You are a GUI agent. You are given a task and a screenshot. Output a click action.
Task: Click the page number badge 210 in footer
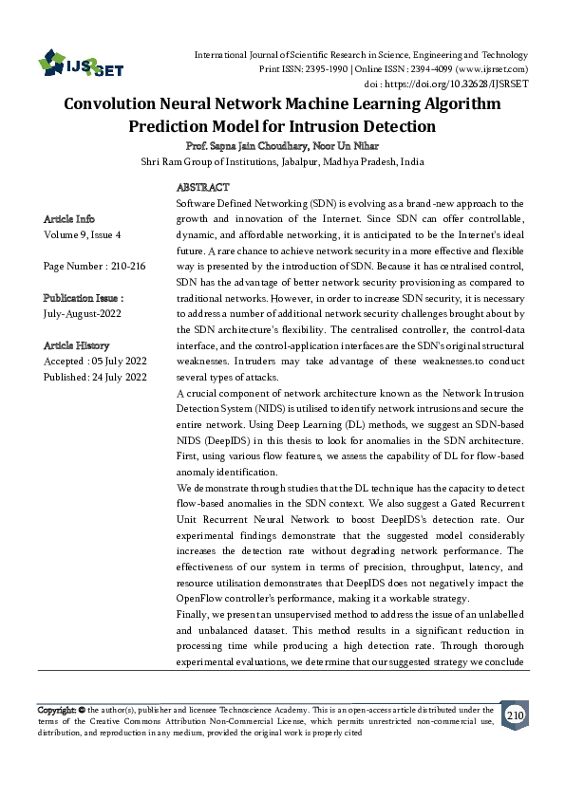pyautogui.click(x=514, y=715)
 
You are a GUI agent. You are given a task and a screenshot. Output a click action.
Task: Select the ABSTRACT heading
pyautogui.click(x=203, y=189)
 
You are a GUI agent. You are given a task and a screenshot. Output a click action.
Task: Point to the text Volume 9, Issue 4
pyautogui.click(x=83, y=233)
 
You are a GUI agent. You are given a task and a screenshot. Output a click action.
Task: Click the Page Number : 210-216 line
pyautogui.click(x=94, y=267)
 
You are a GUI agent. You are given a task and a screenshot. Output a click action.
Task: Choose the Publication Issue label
pyautogui.click(x=84, y=298)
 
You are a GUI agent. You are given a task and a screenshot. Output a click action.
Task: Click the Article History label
pyautogui.click(x=77, y=345)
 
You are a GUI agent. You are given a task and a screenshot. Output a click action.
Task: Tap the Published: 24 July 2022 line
pyautogui.click(x=95, y=378)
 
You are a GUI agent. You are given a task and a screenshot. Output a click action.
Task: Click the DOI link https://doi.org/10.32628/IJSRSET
pyautogui.click(x=457, y=84)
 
